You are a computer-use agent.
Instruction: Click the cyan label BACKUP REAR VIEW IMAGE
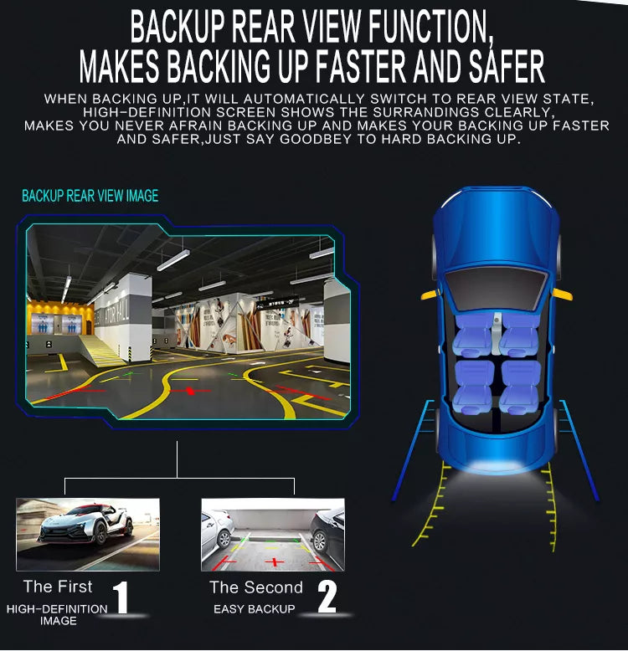pos(90,196)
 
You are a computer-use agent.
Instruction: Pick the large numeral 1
pos(121,597)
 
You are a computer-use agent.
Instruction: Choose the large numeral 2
pos(327,597)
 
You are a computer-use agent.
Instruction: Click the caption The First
pos(58,587)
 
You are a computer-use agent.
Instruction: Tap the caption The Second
pos(256,587)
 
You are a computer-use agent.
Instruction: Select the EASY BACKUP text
pos(255,609)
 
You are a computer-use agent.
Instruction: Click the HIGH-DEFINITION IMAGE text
pos(57,614)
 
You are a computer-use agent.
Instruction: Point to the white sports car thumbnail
pos(88,535)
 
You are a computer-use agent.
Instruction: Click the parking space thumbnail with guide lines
pos(273,535)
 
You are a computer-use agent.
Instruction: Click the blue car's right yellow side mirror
pos(563,295)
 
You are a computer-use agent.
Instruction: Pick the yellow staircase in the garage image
pos(102,351)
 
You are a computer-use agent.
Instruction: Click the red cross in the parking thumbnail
pos(274,562)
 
